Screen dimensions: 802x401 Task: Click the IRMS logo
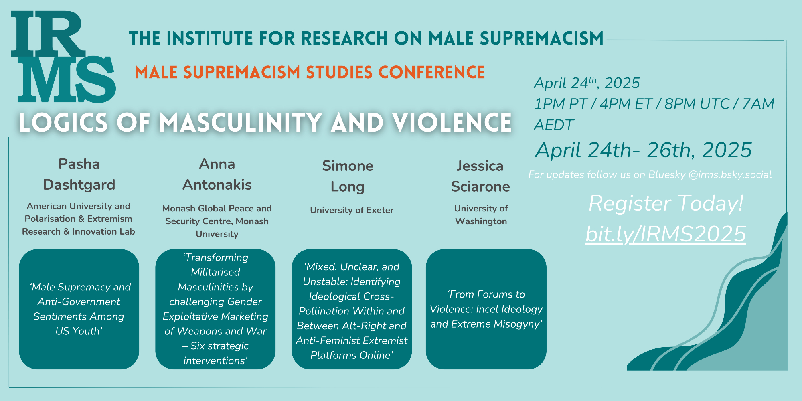click(x=63, y=57)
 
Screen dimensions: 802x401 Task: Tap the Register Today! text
click(x=666, y=203)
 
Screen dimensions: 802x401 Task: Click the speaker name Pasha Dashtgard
click(x=79, y=174)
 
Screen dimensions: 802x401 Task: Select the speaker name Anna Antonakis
click(x=217, y=174)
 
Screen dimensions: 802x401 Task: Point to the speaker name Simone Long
click(x=348, y=176)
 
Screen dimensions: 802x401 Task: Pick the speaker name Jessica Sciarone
click(x=480, y=176)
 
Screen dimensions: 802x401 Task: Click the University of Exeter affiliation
click(x=352, y=210)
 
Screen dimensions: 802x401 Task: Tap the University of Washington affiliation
click(x=481, y=215)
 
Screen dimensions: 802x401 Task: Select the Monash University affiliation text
click(x=217, y=221)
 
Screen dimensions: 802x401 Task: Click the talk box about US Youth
click(x=79, y=309)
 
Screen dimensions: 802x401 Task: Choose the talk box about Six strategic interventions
click(x=215, y=309)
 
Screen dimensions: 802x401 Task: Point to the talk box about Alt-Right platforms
click(x=352, y=309)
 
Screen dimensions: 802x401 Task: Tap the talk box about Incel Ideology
click(x=486, y=309)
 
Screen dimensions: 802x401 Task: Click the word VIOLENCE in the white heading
click(x=452, y=122)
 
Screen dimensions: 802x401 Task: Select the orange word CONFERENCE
click(x=431, y=72)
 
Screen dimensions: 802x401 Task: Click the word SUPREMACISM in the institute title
click(x=542, y=38)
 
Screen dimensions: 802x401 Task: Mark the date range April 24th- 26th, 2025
click(x=644, y=150)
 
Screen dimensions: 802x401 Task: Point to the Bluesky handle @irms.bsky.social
click(x=730, y=175)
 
